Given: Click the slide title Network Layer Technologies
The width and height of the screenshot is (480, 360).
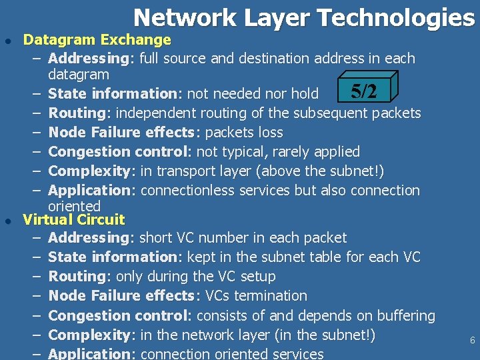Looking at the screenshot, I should click(303, 18).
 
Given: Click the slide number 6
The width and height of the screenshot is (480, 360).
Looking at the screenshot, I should click(472, 340).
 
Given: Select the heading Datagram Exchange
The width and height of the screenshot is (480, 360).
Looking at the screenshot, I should click(97, 40).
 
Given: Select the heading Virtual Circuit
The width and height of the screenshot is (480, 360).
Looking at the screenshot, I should click(73, 219).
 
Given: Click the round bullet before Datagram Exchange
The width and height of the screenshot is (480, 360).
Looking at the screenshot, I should click(7, 41).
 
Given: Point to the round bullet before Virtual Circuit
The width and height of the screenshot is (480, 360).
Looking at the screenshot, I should click(7, 221).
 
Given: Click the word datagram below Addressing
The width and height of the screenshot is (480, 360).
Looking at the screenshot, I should click(79, 74).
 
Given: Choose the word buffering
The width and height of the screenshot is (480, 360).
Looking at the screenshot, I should click(404, 315).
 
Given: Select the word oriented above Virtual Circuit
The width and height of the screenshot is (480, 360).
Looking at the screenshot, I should click(74, 206).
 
